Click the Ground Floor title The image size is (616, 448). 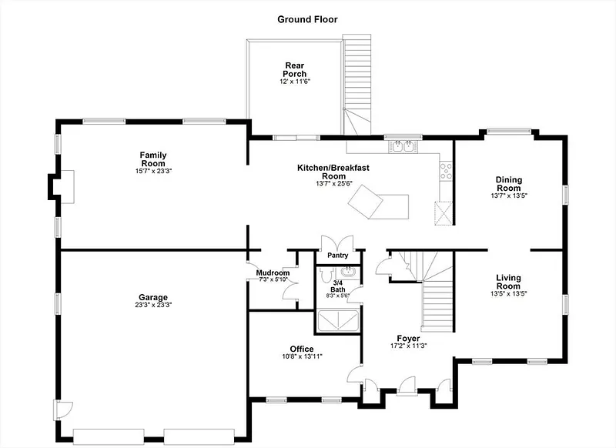[x=307, y=19]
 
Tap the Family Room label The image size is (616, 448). [x=153, y=159]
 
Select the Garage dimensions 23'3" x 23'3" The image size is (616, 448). [x=153, y=305]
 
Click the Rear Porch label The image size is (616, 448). [x=295, y=69]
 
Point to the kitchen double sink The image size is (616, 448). [x=403, y=146]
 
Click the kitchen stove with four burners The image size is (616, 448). [x=446, y=171]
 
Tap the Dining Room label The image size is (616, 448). [x=509, y=184]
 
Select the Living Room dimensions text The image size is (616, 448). [x=508, y=293]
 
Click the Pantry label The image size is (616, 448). [x=338, y=256]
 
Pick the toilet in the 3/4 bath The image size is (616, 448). [x=326, y=274]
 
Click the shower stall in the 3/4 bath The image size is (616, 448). [x=338, y=320]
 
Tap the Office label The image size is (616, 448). [x=302, y=349]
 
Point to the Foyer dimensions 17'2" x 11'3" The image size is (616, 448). [x=409, y=346]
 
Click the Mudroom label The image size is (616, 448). [x=273, y=273]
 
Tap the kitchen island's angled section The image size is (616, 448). [x=365, y=202]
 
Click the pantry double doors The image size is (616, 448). [x=337, y=243]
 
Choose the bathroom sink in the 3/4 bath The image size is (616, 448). [x=348, y=271]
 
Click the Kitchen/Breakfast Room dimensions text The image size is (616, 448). [x=334, y=183]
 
